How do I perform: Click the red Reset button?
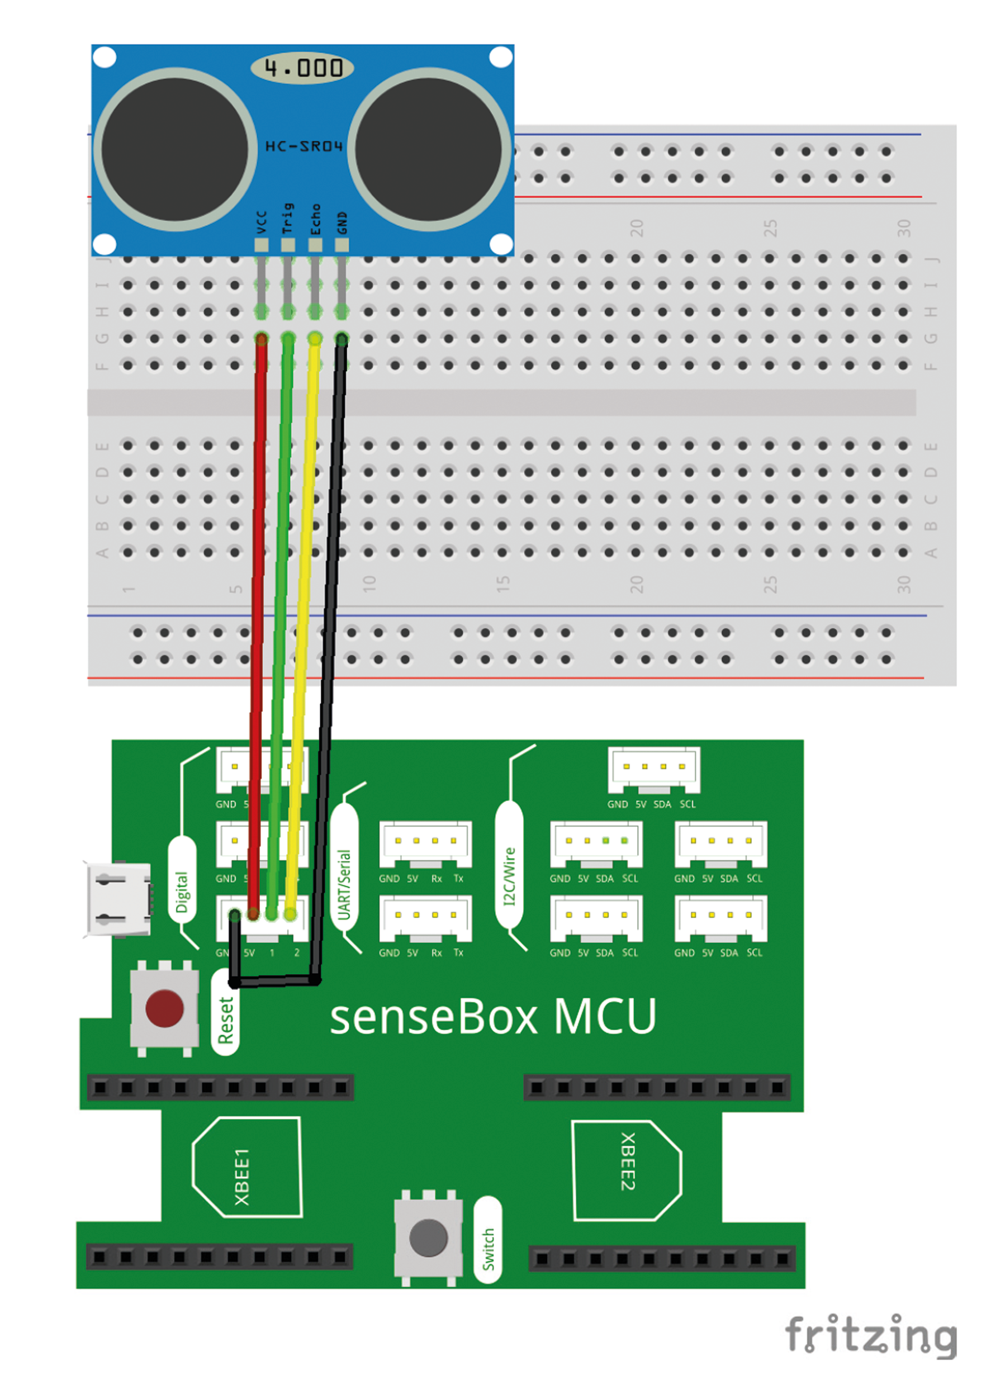(x=164, y=1008)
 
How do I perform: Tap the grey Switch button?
(x=428, y=1237)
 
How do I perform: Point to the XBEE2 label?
(x=628, y=1161)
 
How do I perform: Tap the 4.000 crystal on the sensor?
(x=302, y=68)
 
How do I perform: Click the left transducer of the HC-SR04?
(x=174, y=150)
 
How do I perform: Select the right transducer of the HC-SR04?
(x=429, y=150)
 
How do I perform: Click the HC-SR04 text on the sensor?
(x=304, y=146)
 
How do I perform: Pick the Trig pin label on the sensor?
(x=287, y=218)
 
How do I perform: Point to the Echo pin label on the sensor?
(x=315, y=220)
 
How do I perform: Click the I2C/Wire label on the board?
(x=509, y=875)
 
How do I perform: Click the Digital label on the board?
(x=182, y=892)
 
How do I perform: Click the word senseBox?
(x=433, y=1018)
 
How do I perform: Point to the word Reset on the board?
(x=225, y=1020)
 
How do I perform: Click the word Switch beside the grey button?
(x=488, y=1249)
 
